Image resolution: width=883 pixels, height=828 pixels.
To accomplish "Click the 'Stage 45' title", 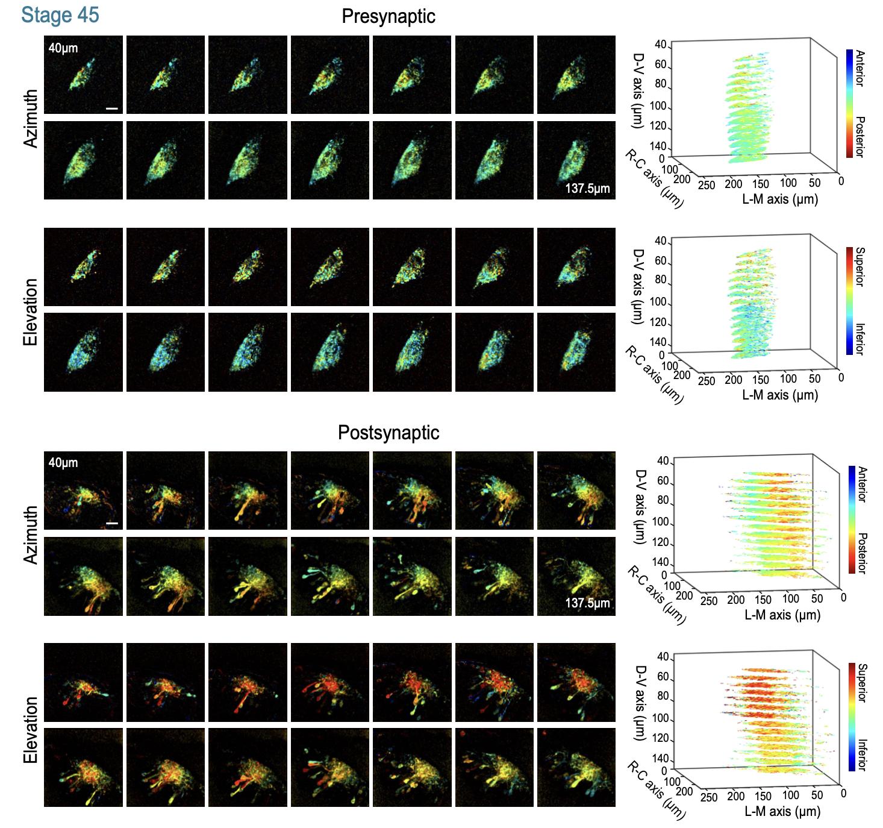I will (60, 14).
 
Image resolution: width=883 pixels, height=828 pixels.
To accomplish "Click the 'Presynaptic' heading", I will (388, 16).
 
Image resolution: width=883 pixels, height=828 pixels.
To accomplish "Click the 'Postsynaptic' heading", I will (388, 433).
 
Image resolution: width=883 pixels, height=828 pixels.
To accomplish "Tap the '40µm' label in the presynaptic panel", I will (63, 48).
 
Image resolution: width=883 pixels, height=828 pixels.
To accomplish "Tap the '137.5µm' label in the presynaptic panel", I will (587, 189).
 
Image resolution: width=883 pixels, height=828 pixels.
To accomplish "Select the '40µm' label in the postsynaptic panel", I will (63, 463).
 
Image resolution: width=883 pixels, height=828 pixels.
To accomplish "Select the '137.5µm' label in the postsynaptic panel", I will (587, 603).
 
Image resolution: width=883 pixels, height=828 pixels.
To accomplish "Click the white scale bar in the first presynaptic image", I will (112, 109).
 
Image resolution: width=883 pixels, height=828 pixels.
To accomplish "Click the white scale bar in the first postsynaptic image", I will (112, 524).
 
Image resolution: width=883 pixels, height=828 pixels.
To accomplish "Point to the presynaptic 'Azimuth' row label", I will (31, 118).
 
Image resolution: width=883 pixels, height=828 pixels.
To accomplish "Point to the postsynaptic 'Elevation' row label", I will (31, 730).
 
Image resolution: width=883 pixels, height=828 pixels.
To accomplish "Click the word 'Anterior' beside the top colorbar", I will (860, 68).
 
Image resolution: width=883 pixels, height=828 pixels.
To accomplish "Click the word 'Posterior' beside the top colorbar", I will (860, 137).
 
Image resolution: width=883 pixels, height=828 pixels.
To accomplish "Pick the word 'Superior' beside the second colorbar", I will (860, 266).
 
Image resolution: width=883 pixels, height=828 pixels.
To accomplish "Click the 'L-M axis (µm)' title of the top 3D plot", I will (780, 199).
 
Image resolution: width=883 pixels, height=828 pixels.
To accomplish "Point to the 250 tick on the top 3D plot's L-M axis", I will (707, 185).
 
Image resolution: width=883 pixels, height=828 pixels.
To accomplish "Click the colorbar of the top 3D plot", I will (849, 103).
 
